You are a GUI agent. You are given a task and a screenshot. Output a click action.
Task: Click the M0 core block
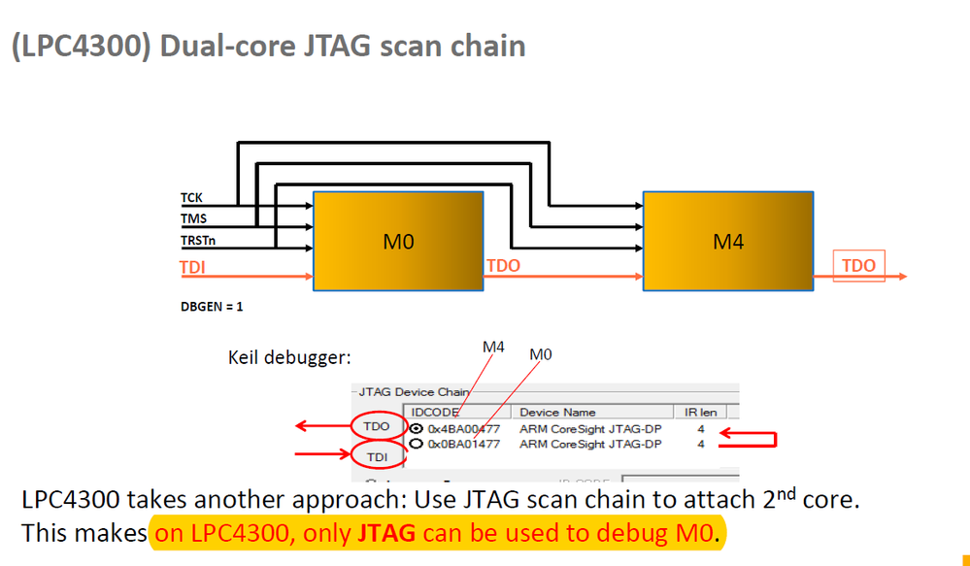pyautogui.click(x=398, y=242)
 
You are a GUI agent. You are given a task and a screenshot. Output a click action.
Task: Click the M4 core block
pyautogui.click(x=728, y=242)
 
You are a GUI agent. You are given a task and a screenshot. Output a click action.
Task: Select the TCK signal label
pyautogui.click(x=191, y=199)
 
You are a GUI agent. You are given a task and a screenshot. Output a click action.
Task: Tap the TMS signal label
pyautogui.click(x=193, y=218)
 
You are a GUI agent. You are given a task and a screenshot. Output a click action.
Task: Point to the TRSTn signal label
pyautogui.click(x=198, y=239)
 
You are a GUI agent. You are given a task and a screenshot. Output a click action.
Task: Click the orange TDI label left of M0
pyautogui.click(x=193, y=266)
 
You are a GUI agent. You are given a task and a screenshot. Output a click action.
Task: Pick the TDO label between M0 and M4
pyautogui.click(x=503, y=265)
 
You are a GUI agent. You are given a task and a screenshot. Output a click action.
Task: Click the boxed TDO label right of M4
pyautogui.click(x=857, y=265)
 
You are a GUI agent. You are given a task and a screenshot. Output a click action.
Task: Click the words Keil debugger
pyautogui.click(x=288, y=357)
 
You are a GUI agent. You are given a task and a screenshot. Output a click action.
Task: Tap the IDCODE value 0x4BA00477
pyautogui.click(x=463, y=428)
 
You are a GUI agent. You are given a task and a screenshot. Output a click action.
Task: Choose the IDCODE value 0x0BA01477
pyautogui.click(x=463, y=444)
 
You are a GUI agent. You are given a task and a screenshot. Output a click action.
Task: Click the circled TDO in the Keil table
pyautogui.click(x=375, y=426)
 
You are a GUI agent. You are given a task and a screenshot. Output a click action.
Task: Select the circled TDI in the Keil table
pyautogui.click(x=375, y=454)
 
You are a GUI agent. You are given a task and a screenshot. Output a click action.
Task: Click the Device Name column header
pyautogui.click(x=558, y=412)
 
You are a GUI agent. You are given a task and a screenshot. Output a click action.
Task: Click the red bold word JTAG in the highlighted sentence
pyautogui.click(x=385, y=533)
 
